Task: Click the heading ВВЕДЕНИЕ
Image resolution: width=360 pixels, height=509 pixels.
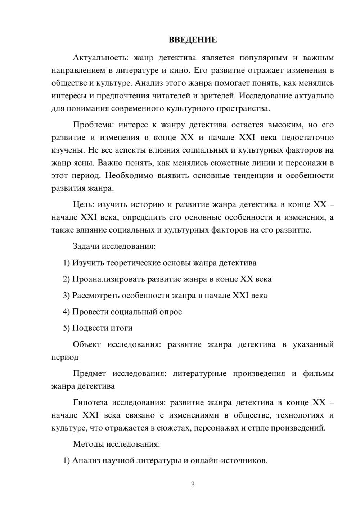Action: point(193,40)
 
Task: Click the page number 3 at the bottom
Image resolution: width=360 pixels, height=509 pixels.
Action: point(193,485)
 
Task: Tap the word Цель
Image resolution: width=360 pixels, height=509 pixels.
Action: point(83,204)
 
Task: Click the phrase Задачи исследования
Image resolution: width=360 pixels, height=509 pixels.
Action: point(114,247)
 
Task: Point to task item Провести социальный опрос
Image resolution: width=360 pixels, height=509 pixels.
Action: point(127,312)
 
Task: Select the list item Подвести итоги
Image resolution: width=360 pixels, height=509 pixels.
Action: point(102,328)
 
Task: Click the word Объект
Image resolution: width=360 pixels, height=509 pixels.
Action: point(87,344)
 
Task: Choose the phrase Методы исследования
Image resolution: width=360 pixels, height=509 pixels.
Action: point(116,444)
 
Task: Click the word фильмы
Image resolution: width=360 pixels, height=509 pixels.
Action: point(318,374)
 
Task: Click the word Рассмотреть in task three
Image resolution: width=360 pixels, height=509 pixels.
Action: point(96,296)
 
